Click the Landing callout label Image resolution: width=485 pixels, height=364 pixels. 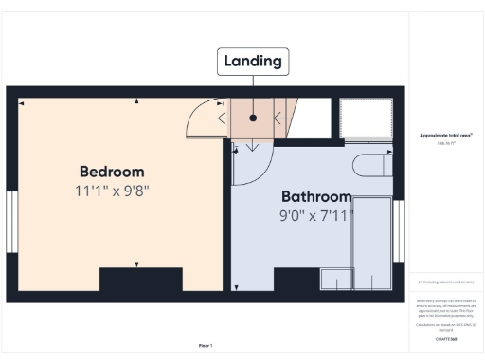coord(253,62)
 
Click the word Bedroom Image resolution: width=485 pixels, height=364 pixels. coord(112,172)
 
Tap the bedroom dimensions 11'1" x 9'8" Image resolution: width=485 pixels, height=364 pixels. coord(112,191)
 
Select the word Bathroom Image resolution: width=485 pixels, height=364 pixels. coord(316,197)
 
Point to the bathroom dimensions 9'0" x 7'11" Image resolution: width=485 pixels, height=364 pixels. coord(316,215)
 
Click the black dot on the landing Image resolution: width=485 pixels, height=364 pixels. coord(254,118)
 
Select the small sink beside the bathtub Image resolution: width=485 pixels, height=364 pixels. coord(334,279)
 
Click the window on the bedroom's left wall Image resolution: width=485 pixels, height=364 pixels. coord(11,224)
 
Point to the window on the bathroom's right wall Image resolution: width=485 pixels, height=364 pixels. coord(399,230)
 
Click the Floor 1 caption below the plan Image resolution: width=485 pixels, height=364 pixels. coord(206,346)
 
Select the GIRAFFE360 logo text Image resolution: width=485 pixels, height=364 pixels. coord(446,338)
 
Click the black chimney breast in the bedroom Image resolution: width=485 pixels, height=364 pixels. coord(140,281)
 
